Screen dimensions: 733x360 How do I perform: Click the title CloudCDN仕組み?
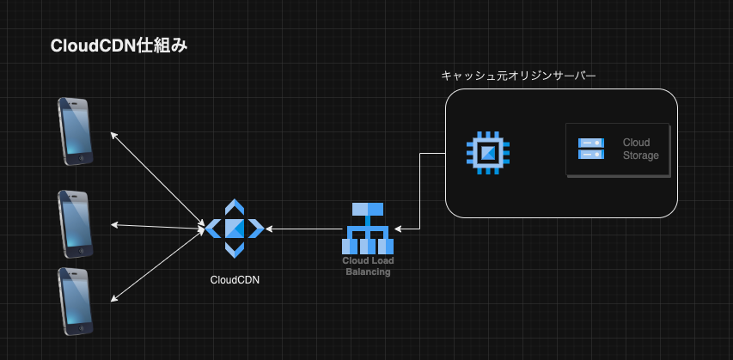[119, 46]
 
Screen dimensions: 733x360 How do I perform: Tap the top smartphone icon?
[75, 131]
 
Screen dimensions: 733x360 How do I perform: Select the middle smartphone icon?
[75, 224]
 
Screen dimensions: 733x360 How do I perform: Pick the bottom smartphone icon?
[75, 302]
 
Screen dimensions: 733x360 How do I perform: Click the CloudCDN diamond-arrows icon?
[235, 229]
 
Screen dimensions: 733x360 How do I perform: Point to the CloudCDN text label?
[235, 280]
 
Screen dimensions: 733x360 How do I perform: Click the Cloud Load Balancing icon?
[368, 229]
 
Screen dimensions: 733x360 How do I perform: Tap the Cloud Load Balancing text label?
[368, 266]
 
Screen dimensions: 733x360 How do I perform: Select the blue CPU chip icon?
[488, 153]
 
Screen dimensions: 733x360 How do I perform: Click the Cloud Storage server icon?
[591, 149]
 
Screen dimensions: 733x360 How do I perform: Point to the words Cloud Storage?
[640, 149]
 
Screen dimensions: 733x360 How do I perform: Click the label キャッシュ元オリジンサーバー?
[518, 76]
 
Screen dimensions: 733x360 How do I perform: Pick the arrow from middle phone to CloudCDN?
[158, 227]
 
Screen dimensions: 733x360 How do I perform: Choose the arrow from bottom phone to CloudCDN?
[157, 265]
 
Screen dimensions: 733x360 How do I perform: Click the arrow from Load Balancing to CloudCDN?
[303, 229]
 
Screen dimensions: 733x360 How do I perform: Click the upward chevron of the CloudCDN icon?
[235, 206]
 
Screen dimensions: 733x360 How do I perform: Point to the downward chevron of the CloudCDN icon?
[235, 251]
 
